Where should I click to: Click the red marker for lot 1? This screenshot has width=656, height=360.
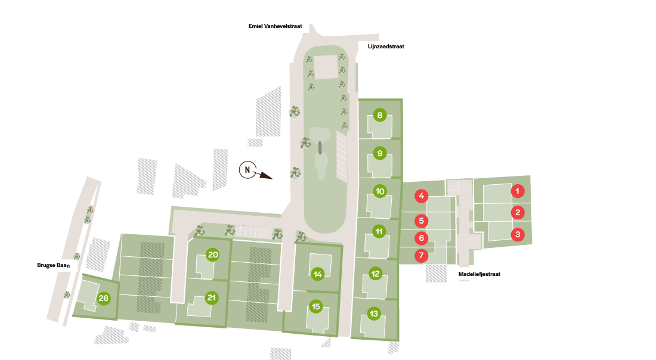click(x=518, y=191)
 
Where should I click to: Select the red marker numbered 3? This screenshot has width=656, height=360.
click(x=518, y=234)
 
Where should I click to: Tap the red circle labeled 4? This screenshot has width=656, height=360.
click(x=421, y=195)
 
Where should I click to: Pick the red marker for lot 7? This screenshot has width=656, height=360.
click(x=421, y=256)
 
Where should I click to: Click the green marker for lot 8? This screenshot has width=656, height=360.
click(x=379, y=116)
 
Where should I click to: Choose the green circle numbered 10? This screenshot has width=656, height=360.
click(x=380, y=191)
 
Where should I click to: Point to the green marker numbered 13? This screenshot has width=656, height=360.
click(x=374, y=314)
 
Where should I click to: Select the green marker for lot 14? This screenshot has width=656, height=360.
click(x=317, y=274)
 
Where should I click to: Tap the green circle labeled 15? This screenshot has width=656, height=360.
click(x=315, y=307)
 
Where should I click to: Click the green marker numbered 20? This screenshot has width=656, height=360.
click(x=212, y=255)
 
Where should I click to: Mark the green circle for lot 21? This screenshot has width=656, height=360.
click(x=211, y=297)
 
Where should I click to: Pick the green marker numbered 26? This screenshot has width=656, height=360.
click(x=104, y=299)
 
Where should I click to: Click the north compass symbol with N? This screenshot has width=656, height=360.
click(x=247, y=170)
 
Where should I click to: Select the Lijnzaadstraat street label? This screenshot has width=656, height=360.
click(x=382, y=46)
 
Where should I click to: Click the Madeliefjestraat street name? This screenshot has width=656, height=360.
click(x=479, y=274)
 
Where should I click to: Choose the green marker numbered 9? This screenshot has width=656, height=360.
click(x=379, y=153)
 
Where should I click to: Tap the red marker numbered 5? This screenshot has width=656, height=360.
click(x=421, y=221)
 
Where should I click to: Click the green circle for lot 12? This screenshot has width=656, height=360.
click(x=375, y=274)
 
